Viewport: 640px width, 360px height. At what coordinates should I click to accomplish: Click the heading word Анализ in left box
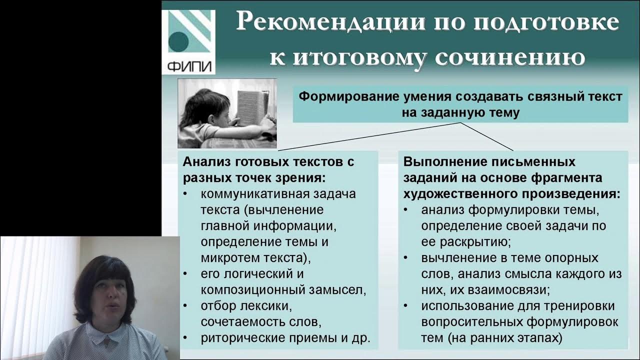202,162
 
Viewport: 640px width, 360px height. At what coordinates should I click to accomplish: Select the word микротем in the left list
224,258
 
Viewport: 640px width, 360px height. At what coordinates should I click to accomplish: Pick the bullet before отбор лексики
185,304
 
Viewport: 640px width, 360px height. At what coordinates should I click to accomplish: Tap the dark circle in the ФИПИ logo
178,42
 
